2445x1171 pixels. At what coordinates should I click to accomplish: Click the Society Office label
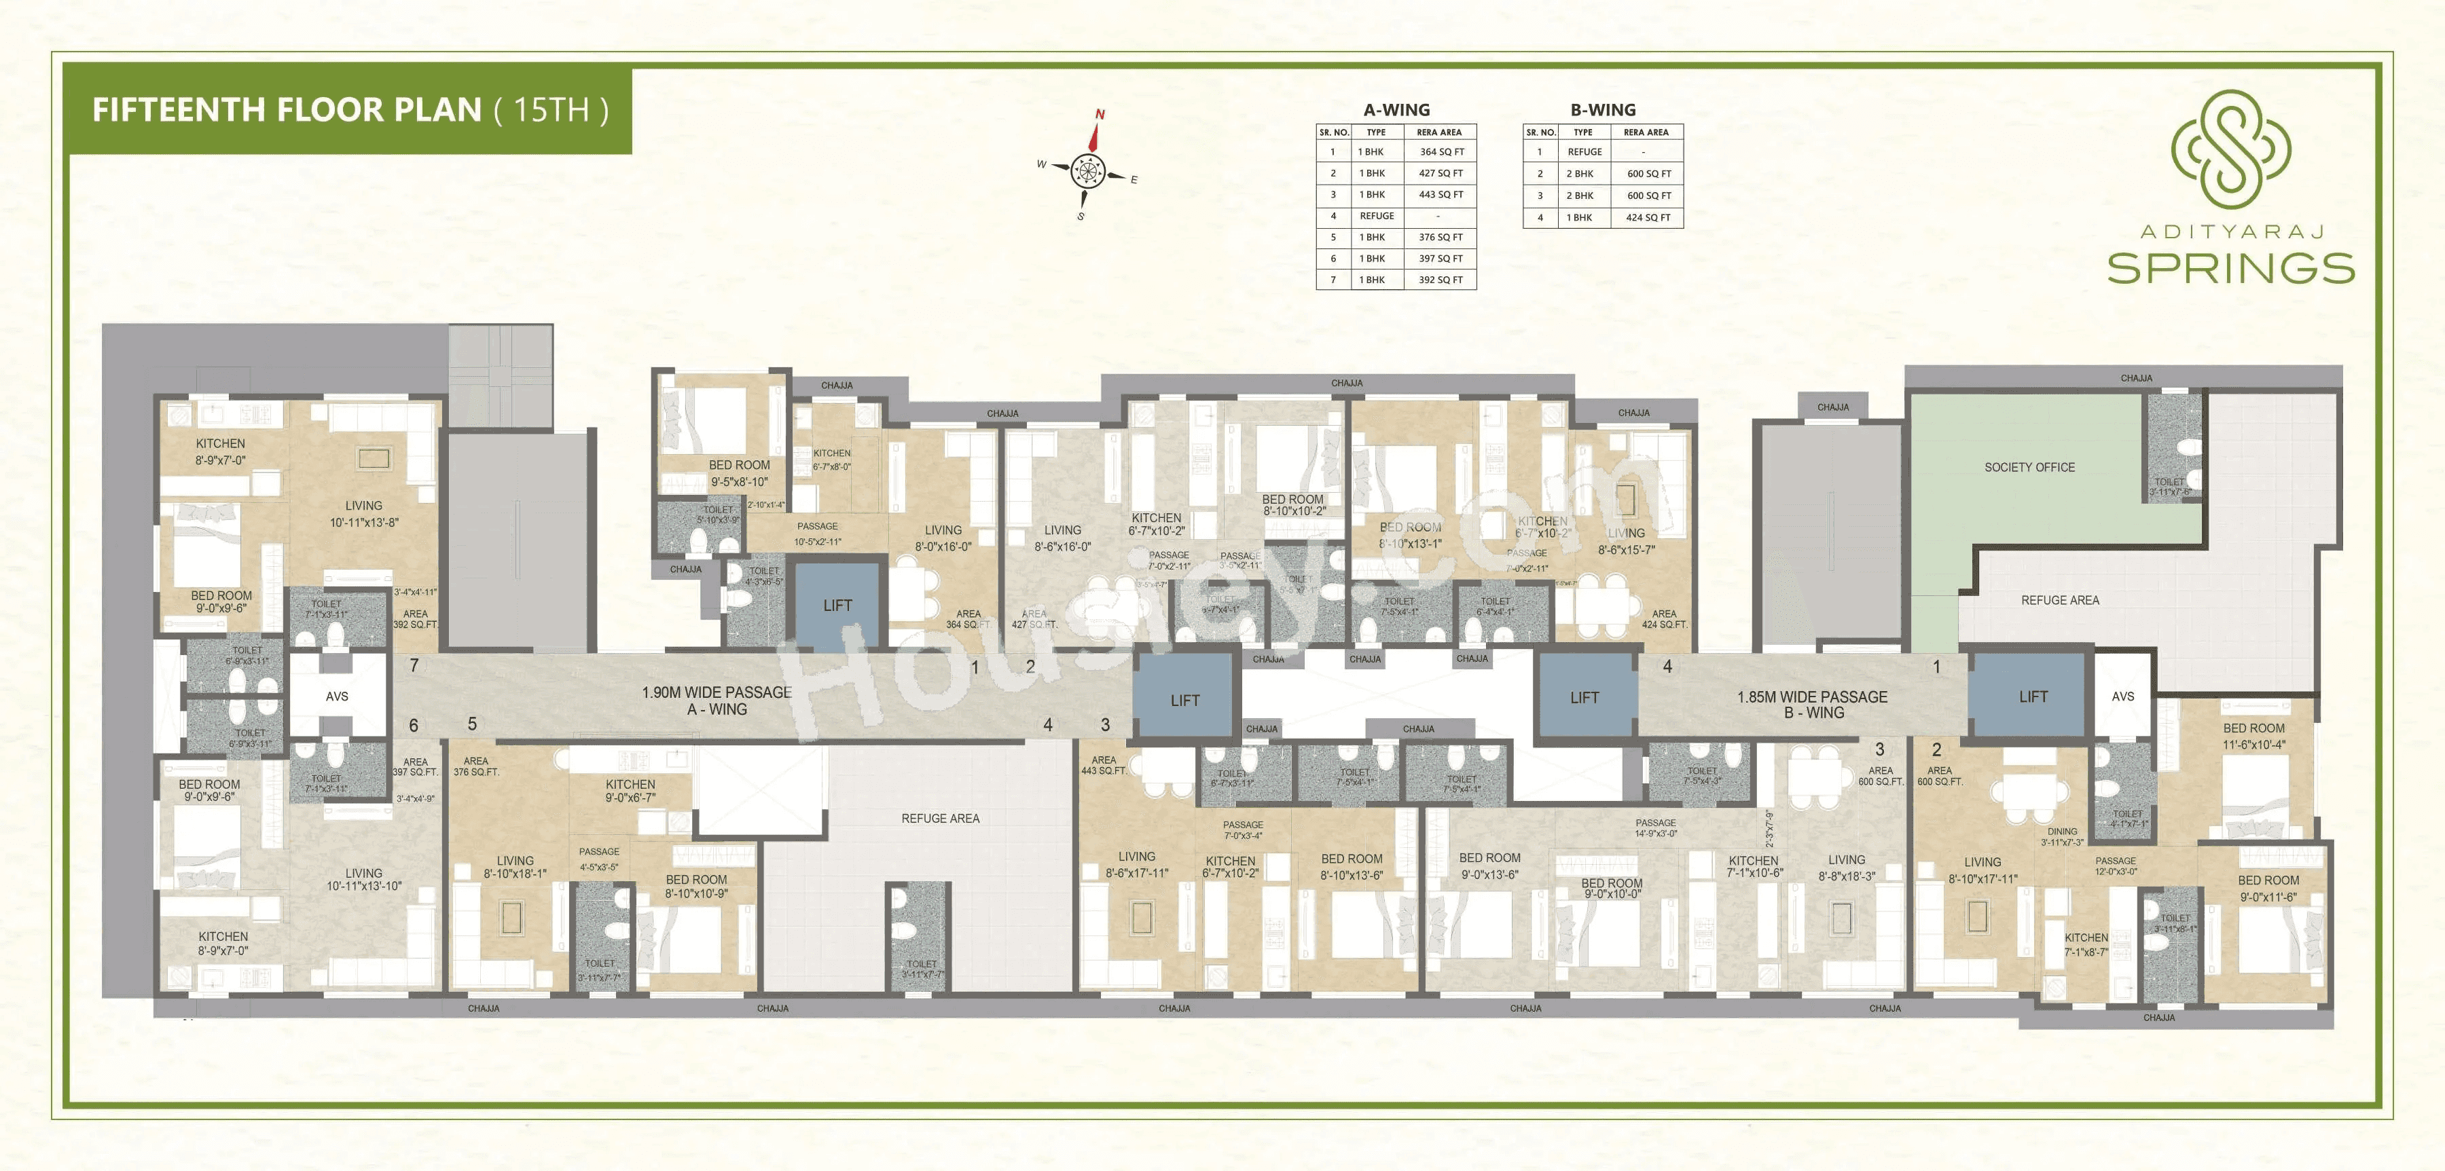coord(2029,467)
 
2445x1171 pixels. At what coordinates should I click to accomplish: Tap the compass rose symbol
coord(1088,171)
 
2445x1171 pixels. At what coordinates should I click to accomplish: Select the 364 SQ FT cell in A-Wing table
coord(1441,152)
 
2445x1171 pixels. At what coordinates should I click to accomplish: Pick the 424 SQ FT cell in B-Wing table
coord(1648,217)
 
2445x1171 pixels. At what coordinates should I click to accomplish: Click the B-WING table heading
coord(1602,110)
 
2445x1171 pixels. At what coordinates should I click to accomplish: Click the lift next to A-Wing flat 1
coord(837,606)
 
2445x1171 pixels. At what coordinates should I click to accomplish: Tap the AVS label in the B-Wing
coord(2122,696)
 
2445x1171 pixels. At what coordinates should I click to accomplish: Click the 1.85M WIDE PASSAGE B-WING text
coord(1812,704)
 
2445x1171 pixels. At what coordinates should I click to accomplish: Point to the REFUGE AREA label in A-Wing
coord(940,818)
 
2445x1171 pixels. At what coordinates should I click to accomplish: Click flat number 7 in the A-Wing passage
coord(414,666)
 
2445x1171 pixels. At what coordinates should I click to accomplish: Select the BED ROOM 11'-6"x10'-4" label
coord(2253,737)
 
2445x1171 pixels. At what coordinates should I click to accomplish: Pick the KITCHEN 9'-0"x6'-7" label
coord(630,790)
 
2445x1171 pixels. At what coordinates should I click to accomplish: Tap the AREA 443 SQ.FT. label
coord(1104,765)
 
